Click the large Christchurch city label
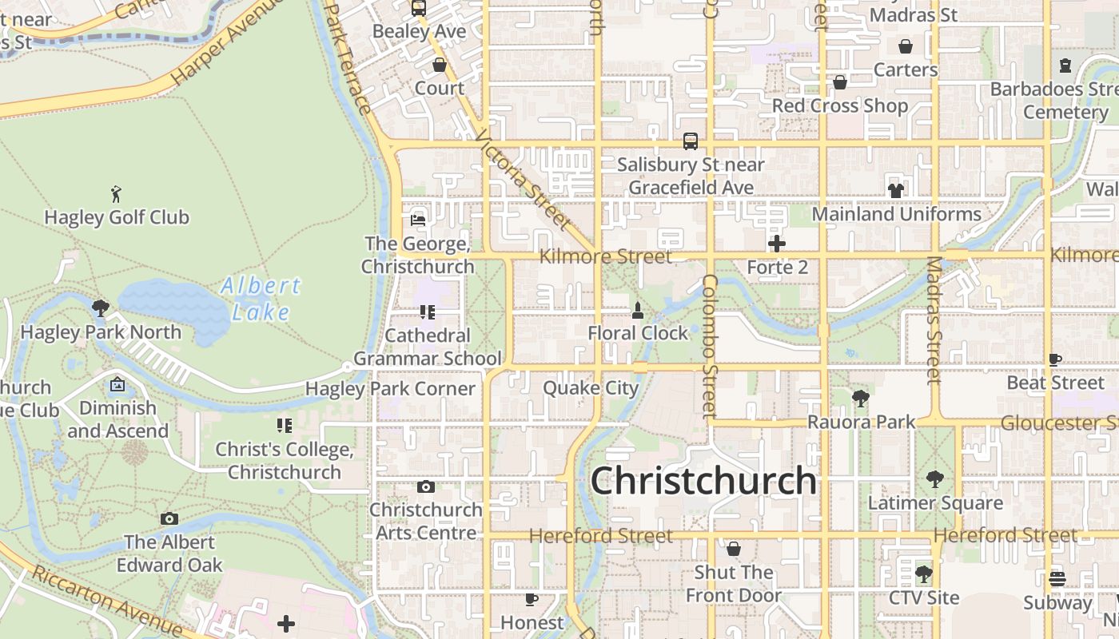pos(703,481)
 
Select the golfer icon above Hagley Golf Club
pos(117,193)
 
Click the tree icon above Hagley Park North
pos(101,308)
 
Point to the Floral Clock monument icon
pos(638,310)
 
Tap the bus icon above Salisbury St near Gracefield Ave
pos(691,141)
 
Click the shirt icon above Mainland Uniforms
pos(895,190)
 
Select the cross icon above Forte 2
pos(777,243)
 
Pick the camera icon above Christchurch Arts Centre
pos(426,486)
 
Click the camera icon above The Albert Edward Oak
pos(169,519)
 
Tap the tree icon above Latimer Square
pos(935,479)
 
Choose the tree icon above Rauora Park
pos(860,398)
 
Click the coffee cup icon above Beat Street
pos(1055,359)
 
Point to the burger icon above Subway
pos(1057,579)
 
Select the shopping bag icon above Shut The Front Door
pos(734,549)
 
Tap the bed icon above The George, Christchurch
pos(417,220)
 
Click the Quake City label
pos(591,388)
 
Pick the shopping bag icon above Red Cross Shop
pos(840,82)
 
